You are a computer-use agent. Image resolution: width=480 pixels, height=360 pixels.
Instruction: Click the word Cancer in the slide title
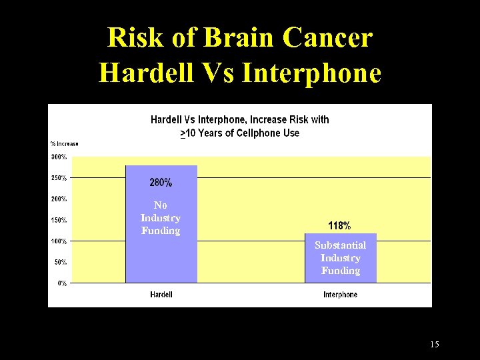[x=327, y=38]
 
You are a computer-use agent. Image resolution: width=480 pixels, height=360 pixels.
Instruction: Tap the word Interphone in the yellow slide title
[x=312, y=72]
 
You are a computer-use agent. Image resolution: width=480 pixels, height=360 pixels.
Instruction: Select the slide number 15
[x=435, y=345]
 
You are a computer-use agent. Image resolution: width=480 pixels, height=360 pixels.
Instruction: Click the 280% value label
[x=161, y=182]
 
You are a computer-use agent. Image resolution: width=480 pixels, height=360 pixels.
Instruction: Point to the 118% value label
[x=339, y=225]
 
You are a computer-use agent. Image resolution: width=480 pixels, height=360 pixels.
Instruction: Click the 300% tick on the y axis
[x=59, y=157]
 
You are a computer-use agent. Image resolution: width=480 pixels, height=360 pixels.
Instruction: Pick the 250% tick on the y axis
[x=59, y=178]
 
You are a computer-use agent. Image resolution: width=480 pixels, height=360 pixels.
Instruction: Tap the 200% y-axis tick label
[x=59, y=199]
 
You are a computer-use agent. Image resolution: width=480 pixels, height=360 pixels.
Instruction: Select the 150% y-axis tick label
[x=59, y=220]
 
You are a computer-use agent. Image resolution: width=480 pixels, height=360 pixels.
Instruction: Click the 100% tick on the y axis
[x=59, y=241]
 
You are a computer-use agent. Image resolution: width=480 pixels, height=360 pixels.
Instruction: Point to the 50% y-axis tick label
[x=61, y=262]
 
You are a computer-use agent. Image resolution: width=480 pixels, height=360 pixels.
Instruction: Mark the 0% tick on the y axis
[x=62, y=283]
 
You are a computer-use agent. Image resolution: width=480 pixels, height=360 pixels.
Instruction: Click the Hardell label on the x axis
[x=161, y=295]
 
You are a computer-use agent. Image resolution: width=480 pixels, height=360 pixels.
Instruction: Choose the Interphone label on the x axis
[x=340, y=295]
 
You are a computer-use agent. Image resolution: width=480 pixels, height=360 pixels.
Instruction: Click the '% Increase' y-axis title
[x=65, y=143]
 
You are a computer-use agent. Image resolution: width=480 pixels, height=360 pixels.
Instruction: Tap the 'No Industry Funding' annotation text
[x=161, y=218]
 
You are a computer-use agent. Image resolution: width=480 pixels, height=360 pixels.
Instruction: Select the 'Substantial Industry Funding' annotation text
[x=340, y=258]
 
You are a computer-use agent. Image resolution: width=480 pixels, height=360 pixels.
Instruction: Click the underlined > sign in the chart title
[x=183, y=133]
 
